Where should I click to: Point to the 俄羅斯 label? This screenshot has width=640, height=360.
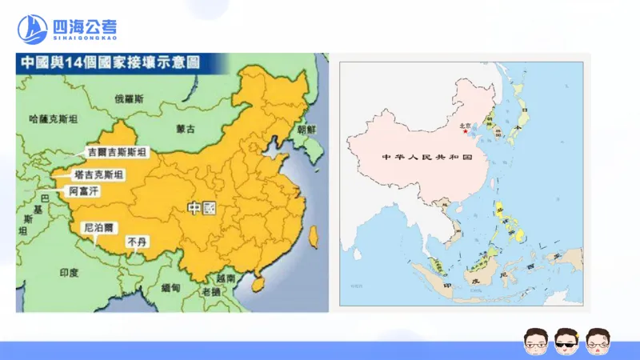(129, 99)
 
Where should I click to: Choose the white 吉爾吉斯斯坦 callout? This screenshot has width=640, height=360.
(118, 152)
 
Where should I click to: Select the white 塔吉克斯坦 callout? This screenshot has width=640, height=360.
(98, 174)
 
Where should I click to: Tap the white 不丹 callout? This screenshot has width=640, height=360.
(136, 240)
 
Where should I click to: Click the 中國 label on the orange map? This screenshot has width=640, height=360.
(202, 208)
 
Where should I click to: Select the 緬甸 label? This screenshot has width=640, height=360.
(170, 287)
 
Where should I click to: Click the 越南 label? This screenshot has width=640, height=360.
(226, 279)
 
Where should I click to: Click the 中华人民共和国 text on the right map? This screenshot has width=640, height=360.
(424, 158)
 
